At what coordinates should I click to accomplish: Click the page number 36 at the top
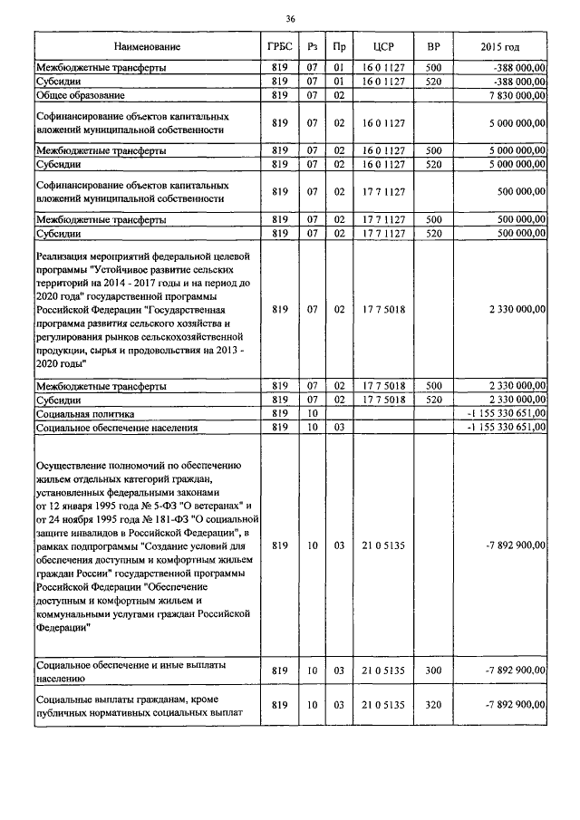coord(290,18)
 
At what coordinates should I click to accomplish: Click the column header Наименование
coord(148,46)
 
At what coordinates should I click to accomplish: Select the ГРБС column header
coord(279,46)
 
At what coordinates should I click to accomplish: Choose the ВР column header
coord(433,46)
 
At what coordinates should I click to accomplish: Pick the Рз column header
coord(312,46)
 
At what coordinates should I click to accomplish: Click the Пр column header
coord(339,46)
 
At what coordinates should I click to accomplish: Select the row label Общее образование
coord(81,94)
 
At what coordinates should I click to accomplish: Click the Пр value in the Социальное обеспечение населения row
coord(339,427)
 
